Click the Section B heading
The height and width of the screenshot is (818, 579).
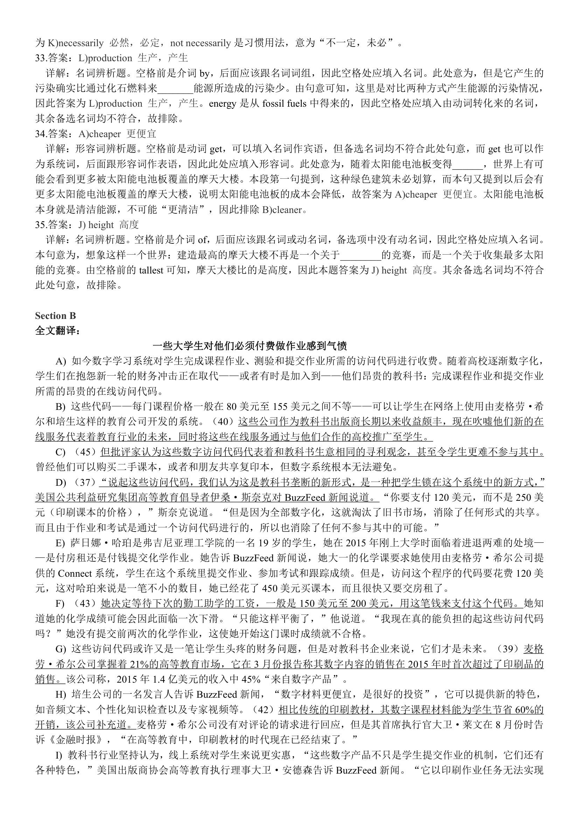point(55,316)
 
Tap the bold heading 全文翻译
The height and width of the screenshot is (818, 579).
point(58,331)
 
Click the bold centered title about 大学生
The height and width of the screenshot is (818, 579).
point(250,346)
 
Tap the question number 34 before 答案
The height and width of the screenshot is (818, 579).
point(40,134)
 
